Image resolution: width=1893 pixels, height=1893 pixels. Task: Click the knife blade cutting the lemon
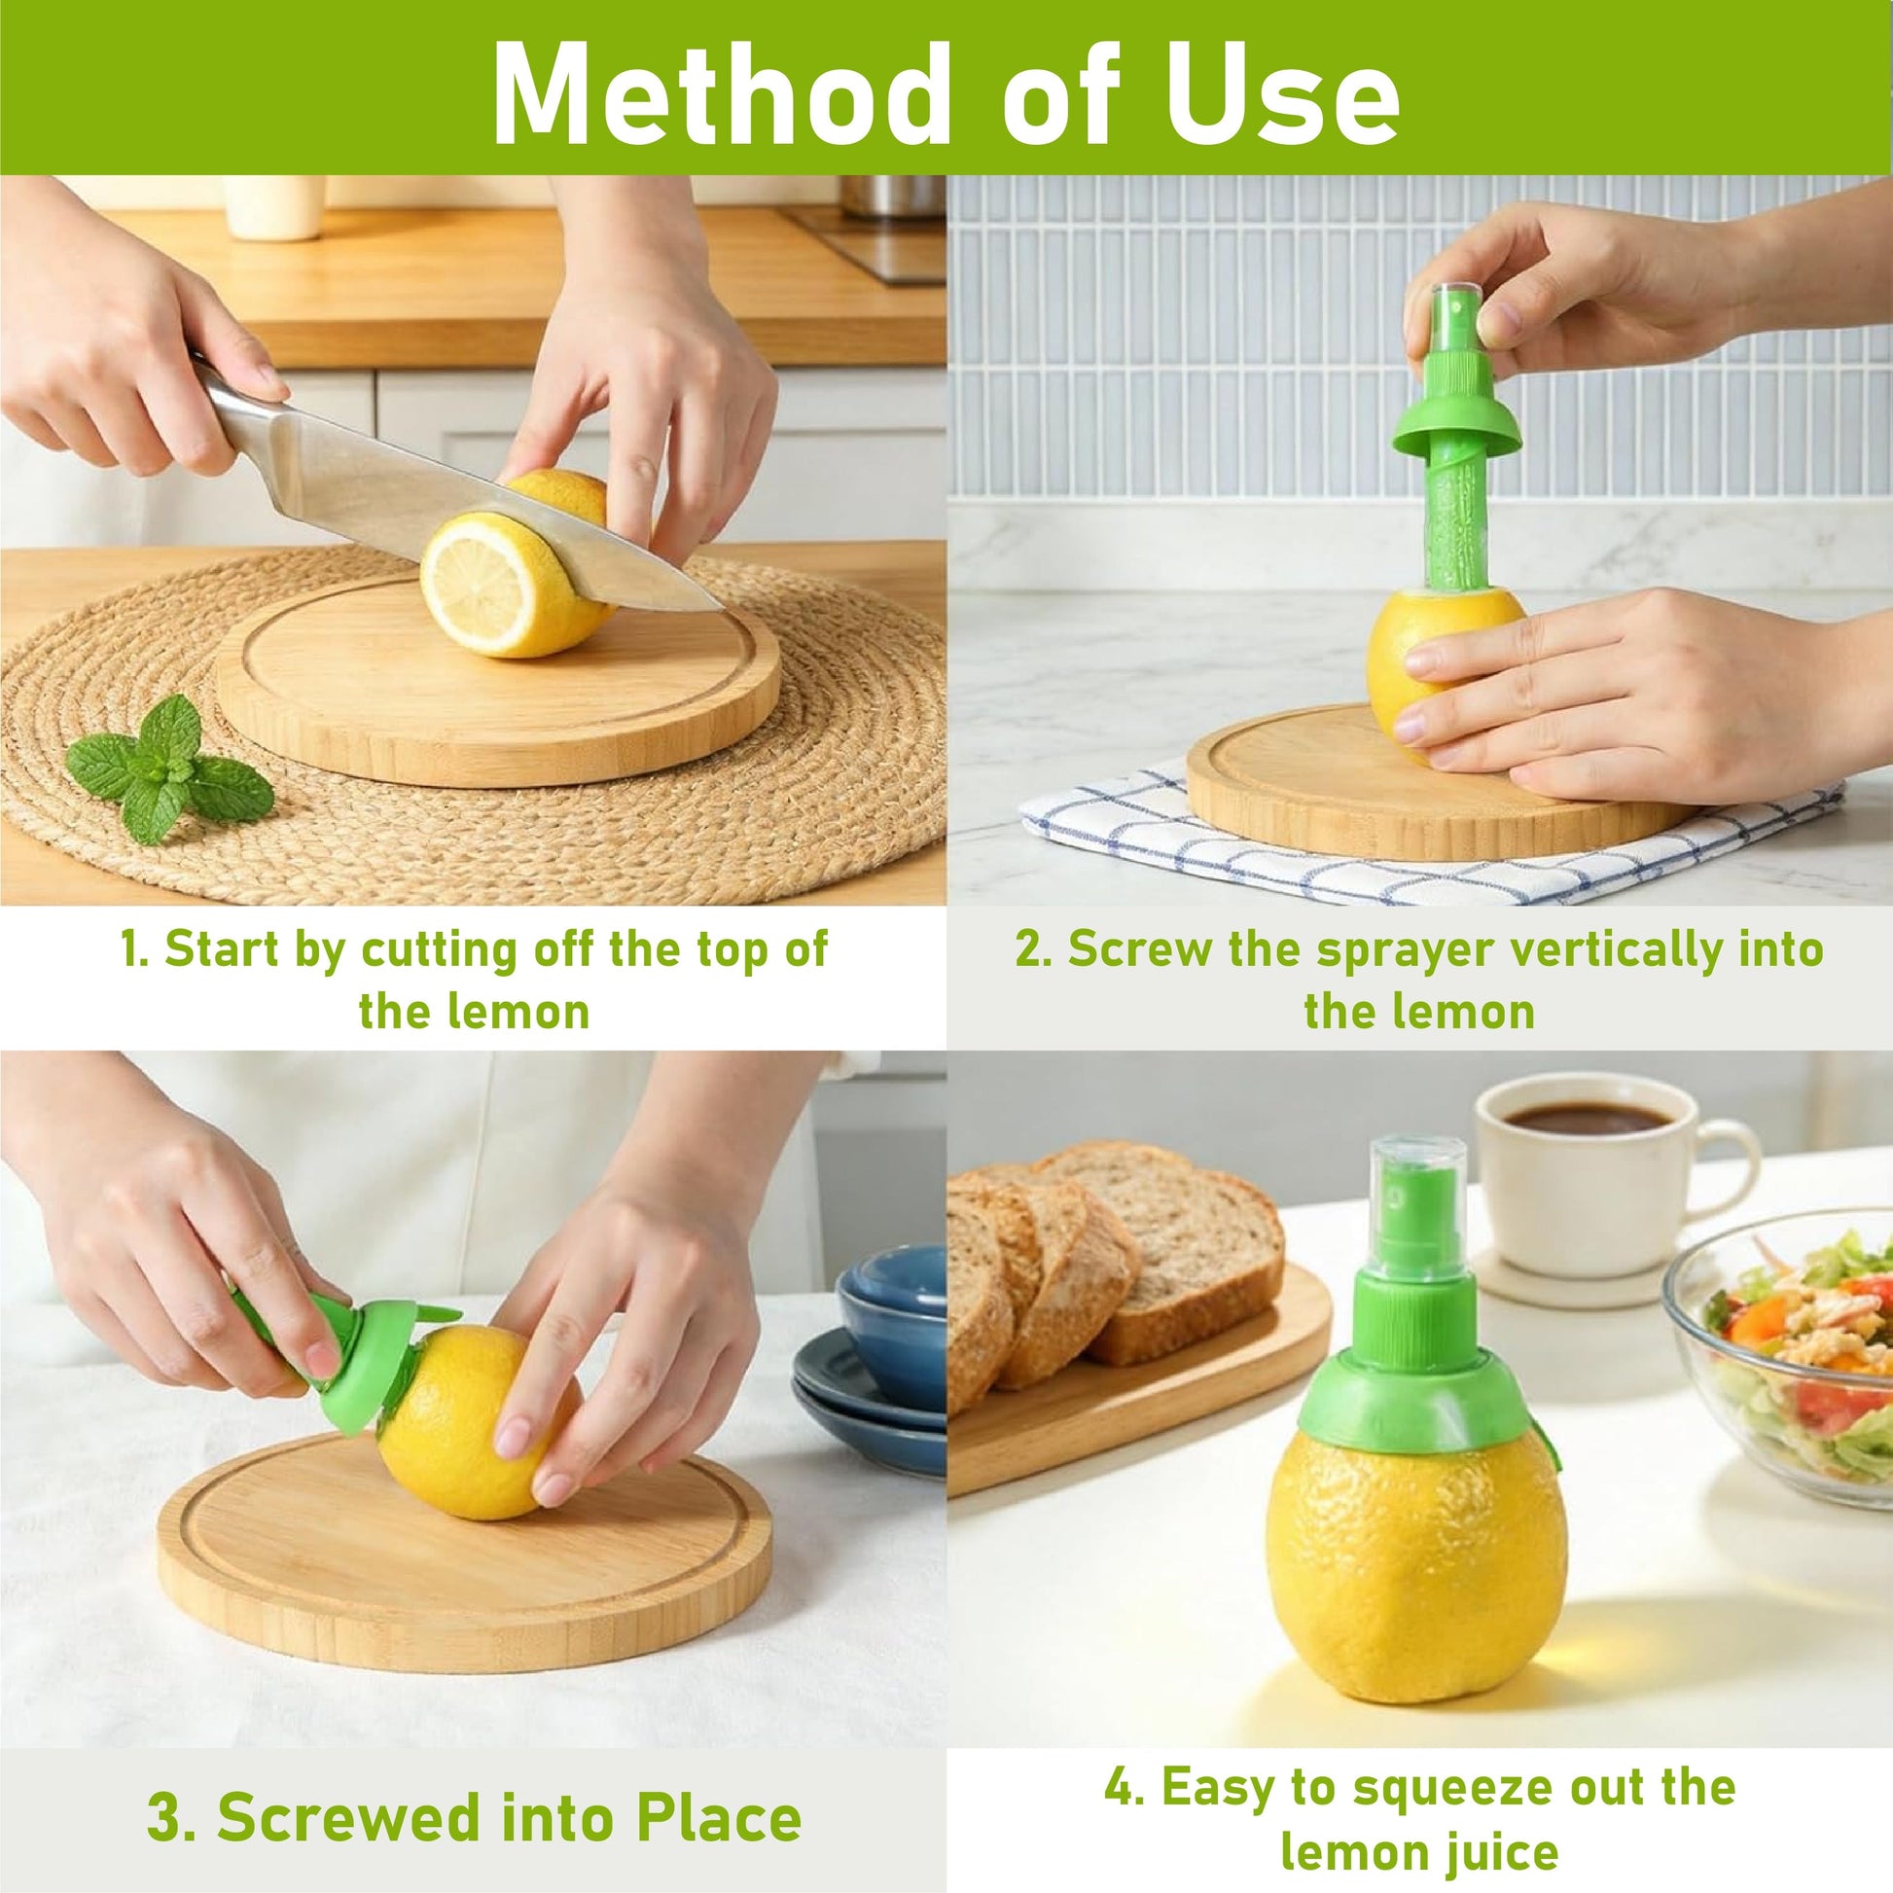coord(460,500)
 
